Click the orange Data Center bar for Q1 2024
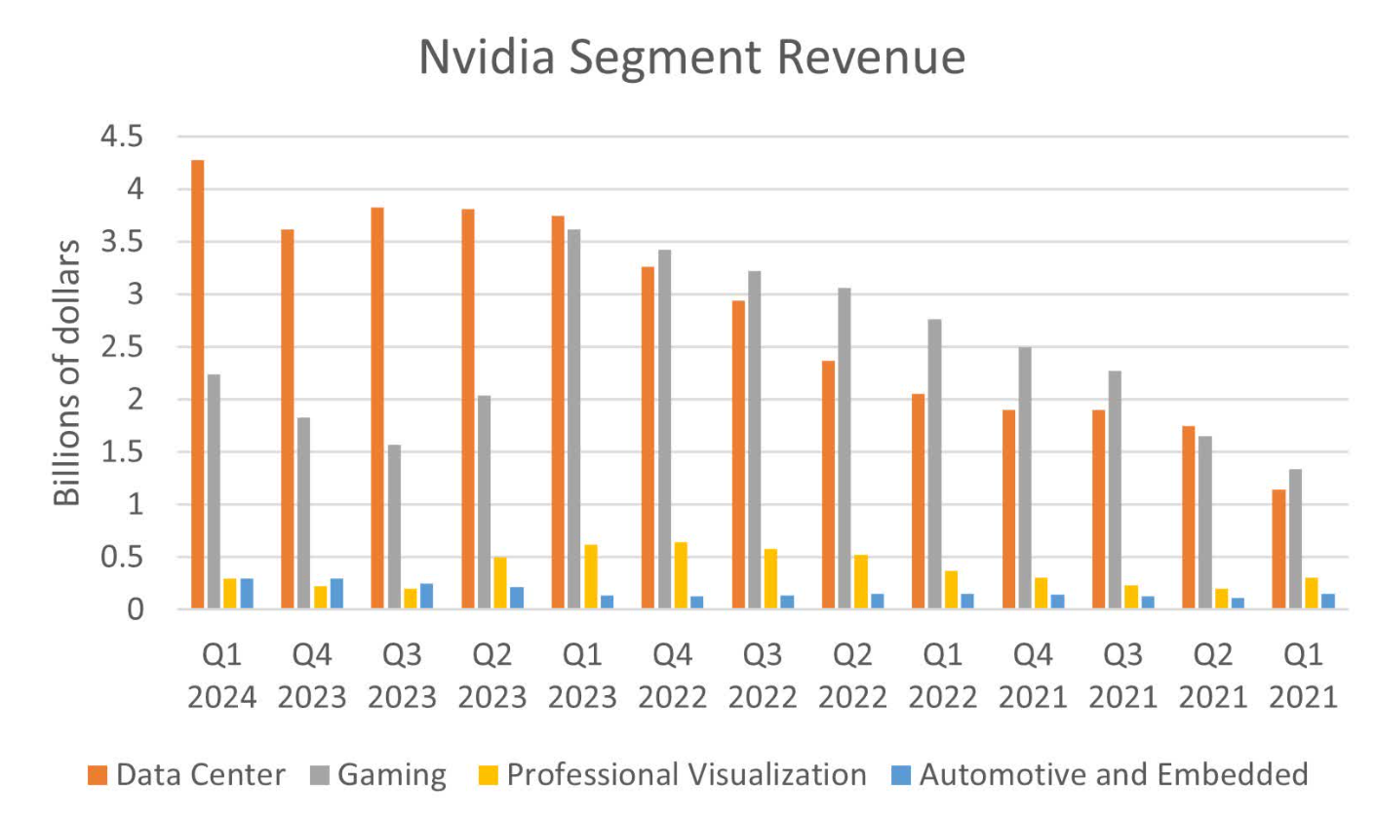[x=198, y=384]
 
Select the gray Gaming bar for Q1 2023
[x=575, y=419]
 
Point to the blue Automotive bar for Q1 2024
[x=247, y=594]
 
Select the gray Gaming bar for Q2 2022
[x=845, y=448]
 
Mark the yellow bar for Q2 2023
[x=500, y=583]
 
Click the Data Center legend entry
[x=186, y=775]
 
